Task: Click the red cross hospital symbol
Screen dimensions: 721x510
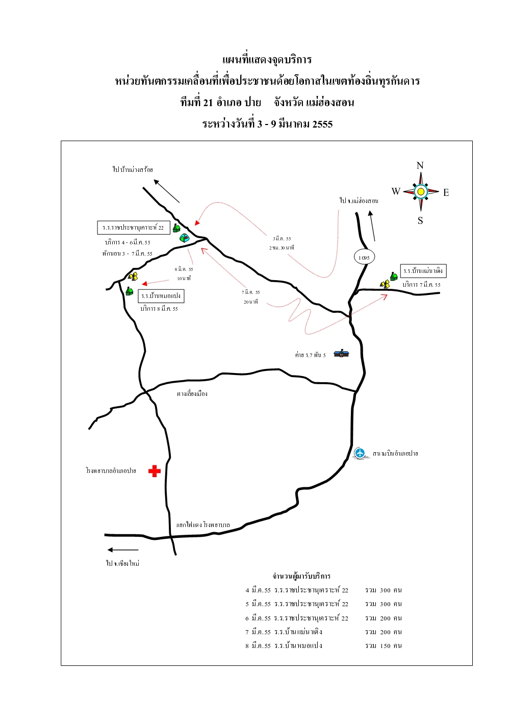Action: [x=154, y=471]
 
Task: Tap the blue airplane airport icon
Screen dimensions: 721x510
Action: [x=360, y=453]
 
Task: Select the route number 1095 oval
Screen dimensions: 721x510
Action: [x=364, y=257]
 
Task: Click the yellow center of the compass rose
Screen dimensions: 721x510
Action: [x=421, y=192]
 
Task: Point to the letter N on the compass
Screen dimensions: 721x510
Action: [x=420, y=165]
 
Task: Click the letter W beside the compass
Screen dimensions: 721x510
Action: [x=396, y=191]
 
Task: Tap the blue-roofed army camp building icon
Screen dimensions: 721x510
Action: [x=341, y=353]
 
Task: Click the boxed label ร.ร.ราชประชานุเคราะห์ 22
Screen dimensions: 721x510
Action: [x=134, y=228]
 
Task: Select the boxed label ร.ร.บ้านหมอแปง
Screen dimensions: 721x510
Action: [x=161, y=296]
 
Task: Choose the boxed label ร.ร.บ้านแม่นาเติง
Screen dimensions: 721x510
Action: [x=423, y=271]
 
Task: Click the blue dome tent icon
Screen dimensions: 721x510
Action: [x=184, y=237]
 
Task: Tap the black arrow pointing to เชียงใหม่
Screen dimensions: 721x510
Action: [x=122, y=550]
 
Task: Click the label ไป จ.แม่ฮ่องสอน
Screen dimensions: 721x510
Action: [x=359, y=201]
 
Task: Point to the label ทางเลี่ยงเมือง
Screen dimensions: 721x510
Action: [x=192, y=393]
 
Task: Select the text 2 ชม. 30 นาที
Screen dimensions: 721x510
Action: [x=282, y=247]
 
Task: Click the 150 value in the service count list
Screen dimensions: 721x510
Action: [x=385, y=645]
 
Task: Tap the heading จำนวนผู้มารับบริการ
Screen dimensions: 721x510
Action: [x=301, y=576]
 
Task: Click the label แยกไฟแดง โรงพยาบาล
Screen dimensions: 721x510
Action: [x=203, y=525]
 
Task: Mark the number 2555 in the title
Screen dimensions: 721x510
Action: [x=322, y=124]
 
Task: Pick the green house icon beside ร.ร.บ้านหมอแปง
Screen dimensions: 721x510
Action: [x=130, y=291]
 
